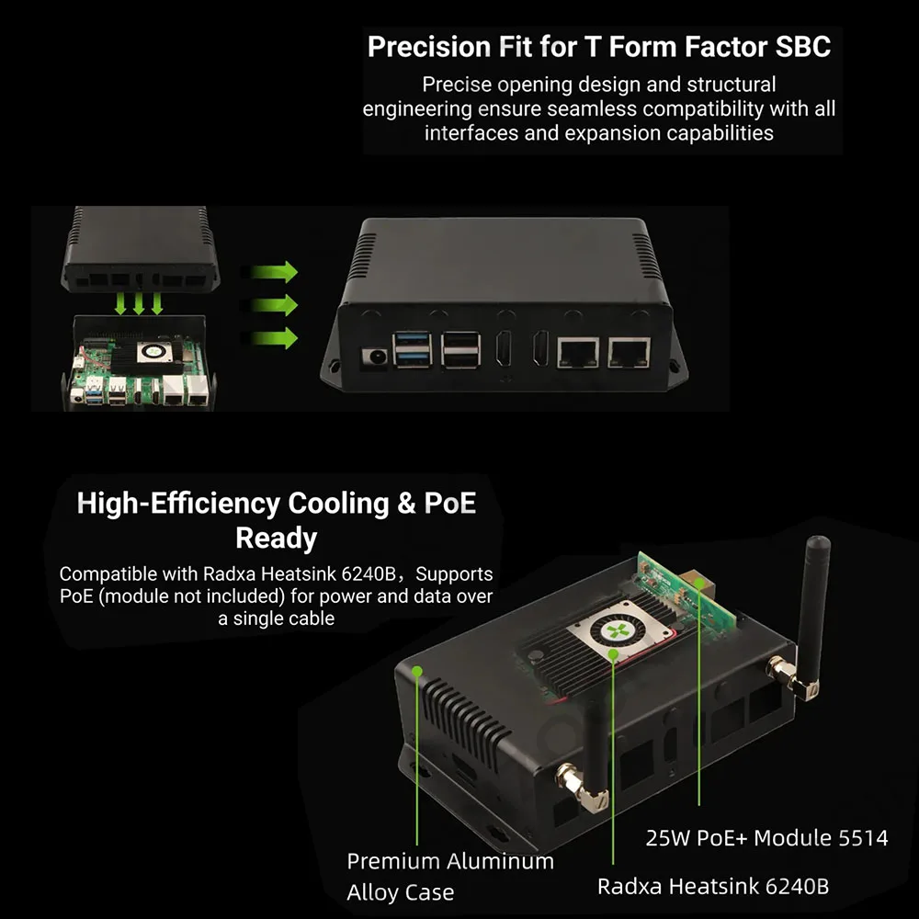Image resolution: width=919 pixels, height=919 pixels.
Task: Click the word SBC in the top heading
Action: point(803,47)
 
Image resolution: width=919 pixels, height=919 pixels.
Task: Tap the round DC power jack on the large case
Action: point(374,357)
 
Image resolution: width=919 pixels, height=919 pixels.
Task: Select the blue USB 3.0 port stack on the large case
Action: point(413,350)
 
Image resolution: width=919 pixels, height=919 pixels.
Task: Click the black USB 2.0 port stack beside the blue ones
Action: point(461,350)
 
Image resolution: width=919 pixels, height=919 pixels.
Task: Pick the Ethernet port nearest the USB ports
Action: point(578,352)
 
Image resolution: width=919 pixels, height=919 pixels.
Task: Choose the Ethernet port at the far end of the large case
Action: point(630,352)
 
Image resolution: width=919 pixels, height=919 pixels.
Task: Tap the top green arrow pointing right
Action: point(274,272)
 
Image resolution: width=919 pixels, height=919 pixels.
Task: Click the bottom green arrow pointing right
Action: point(274,338)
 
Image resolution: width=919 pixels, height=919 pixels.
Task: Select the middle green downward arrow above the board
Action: point(139,303)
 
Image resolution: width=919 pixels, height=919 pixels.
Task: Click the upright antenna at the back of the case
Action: point(814,616)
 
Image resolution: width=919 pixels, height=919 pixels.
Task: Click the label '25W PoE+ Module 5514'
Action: point(766,837)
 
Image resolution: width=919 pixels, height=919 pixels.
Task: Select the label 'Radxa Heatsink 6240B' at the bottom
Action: point(713,886)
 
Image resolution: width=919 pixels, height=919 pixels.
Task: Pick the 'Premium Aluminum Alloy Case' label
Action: point(450,876)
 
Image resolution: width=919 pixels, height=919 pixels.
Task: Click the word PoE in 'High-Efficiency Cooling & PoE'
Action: point(449,503)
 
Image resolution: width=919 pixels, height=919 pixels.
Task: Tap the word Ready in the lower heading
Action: point(276,539)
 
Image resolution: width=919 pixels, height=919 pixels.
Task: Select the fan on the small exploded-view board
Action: point(154,352)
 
